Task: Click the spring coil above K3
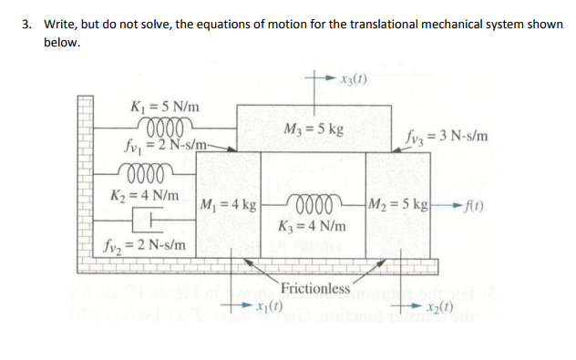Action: tap(314, 201)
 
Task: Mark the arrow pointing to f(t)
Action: tap(442, 201)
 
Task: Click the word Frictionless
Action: tap(316, 289)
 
